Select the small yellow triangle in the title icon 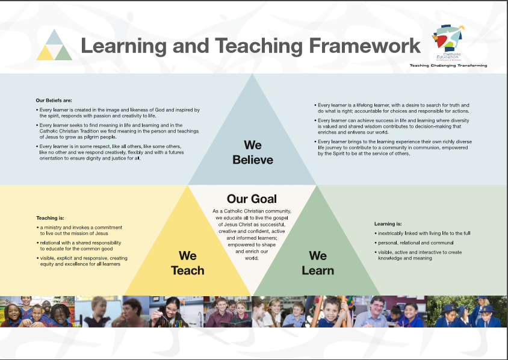45,53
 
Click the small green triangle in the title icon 63,53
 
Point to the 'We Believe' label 253,152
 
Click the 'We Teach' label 188,263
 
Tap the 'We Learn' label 318,263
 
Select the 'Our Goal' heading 252,199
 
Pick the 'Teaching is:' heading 50,217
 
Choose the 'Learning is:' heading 388,224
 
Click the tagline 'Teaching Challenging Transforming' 448,65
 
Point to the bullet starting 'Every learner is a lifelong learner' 394,108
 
